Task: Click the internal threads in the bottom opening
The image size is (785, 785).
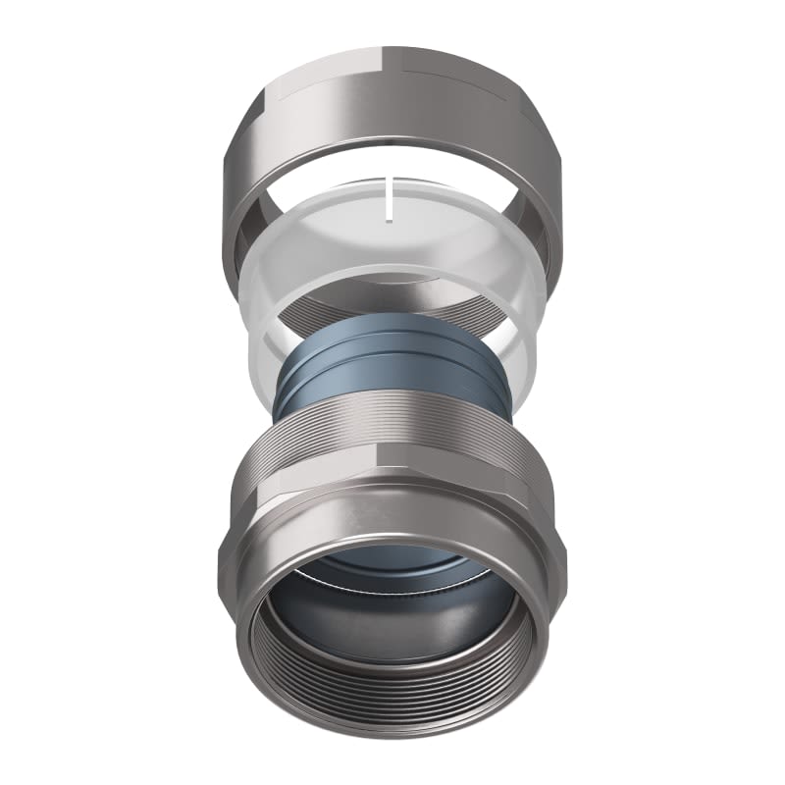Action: click(x=392, y=687)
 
